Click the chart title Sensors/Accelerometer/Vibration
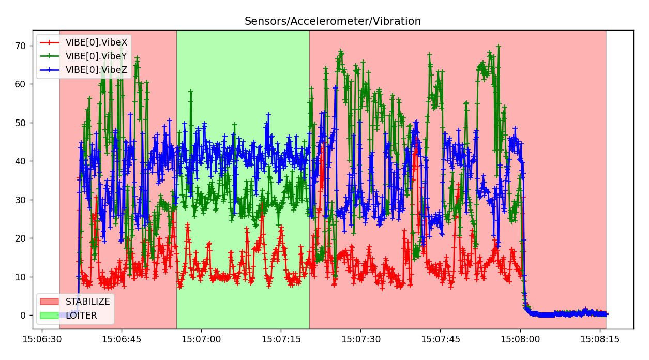[333, 21]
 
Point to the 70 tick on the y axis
[21, 45]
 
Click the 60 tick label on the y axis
[21, 84]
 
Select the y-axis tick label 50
[21, 123]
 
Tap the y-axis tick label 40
[21, 161]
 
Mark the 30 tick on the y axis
[21, 200]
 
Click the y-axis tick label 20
[21, 238]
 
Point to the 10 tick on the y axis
[21, 277]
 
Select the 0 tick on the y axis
[23, 315]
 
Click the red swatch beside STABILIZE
[50, 302]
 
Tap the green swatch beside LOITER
[50, 315]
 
